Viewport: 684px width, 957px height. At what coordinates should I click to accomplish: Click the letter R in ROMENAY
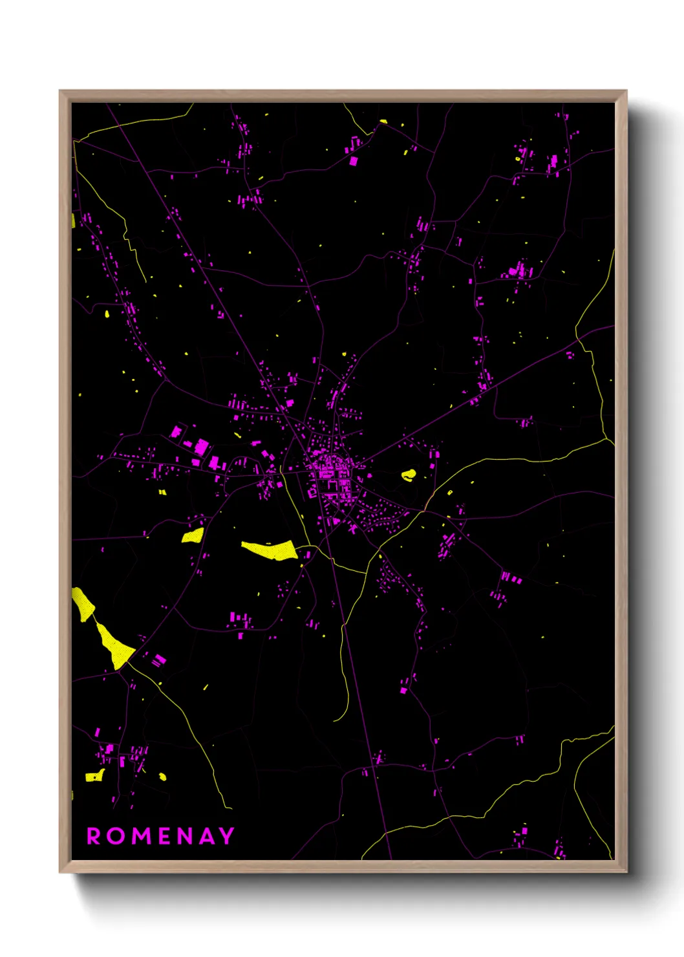click(94, 836)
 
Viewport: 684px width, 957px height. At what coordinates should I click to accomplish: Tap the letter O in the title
click(117, 836)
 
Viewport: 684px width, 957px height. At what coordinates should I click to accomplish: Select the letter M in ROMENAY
click(140, 836)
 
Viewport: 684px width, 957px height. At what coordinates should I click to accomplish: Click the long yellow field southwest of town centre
click(270, 550)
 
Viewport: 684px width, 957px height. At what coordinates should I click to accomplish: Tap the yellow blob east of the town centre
click(408, 475)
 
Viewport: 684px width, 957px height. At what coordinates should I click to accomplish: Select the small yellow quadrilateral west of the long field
click(193, 535)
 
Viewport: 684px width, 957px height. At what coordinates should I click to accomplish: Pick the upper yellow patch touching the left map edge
click(82, 604)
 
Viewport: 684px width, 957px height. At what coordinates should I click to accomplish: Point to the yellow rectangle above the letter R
click(94, 776)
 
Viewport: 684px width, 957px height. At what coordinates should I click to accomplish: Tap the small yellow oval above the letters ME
click(163, 777)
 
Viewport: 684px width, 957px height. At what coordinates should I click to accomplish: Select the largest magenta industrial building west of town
click(201, 446)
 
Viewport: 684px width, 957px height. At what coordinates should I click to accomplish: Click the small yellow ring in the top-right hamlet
click(518, 158)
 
